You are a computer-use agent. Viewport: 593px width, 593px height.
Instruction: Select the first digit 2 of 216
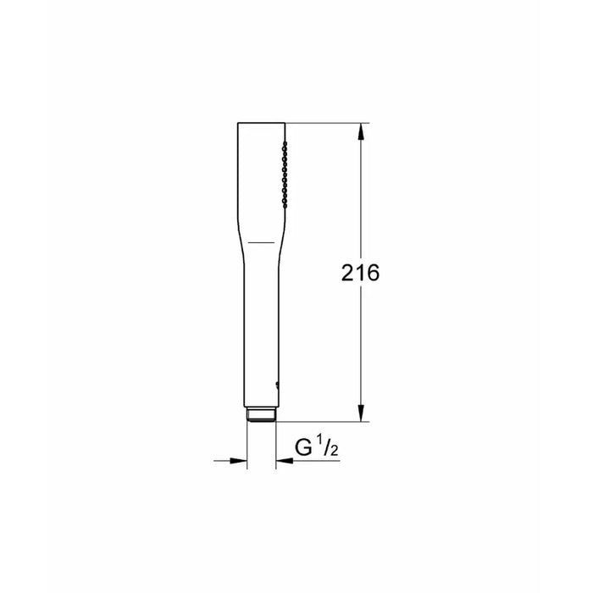pyautogui.click(x=348, y=273)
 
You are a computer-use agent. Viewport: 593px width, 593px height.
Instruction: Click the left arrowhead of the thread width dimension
pyautogui.click(x=239, y=461)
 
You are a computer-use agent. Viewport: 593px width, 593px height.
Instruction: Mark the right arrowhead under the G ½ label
pyautogui.click(x=284, y=461)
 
